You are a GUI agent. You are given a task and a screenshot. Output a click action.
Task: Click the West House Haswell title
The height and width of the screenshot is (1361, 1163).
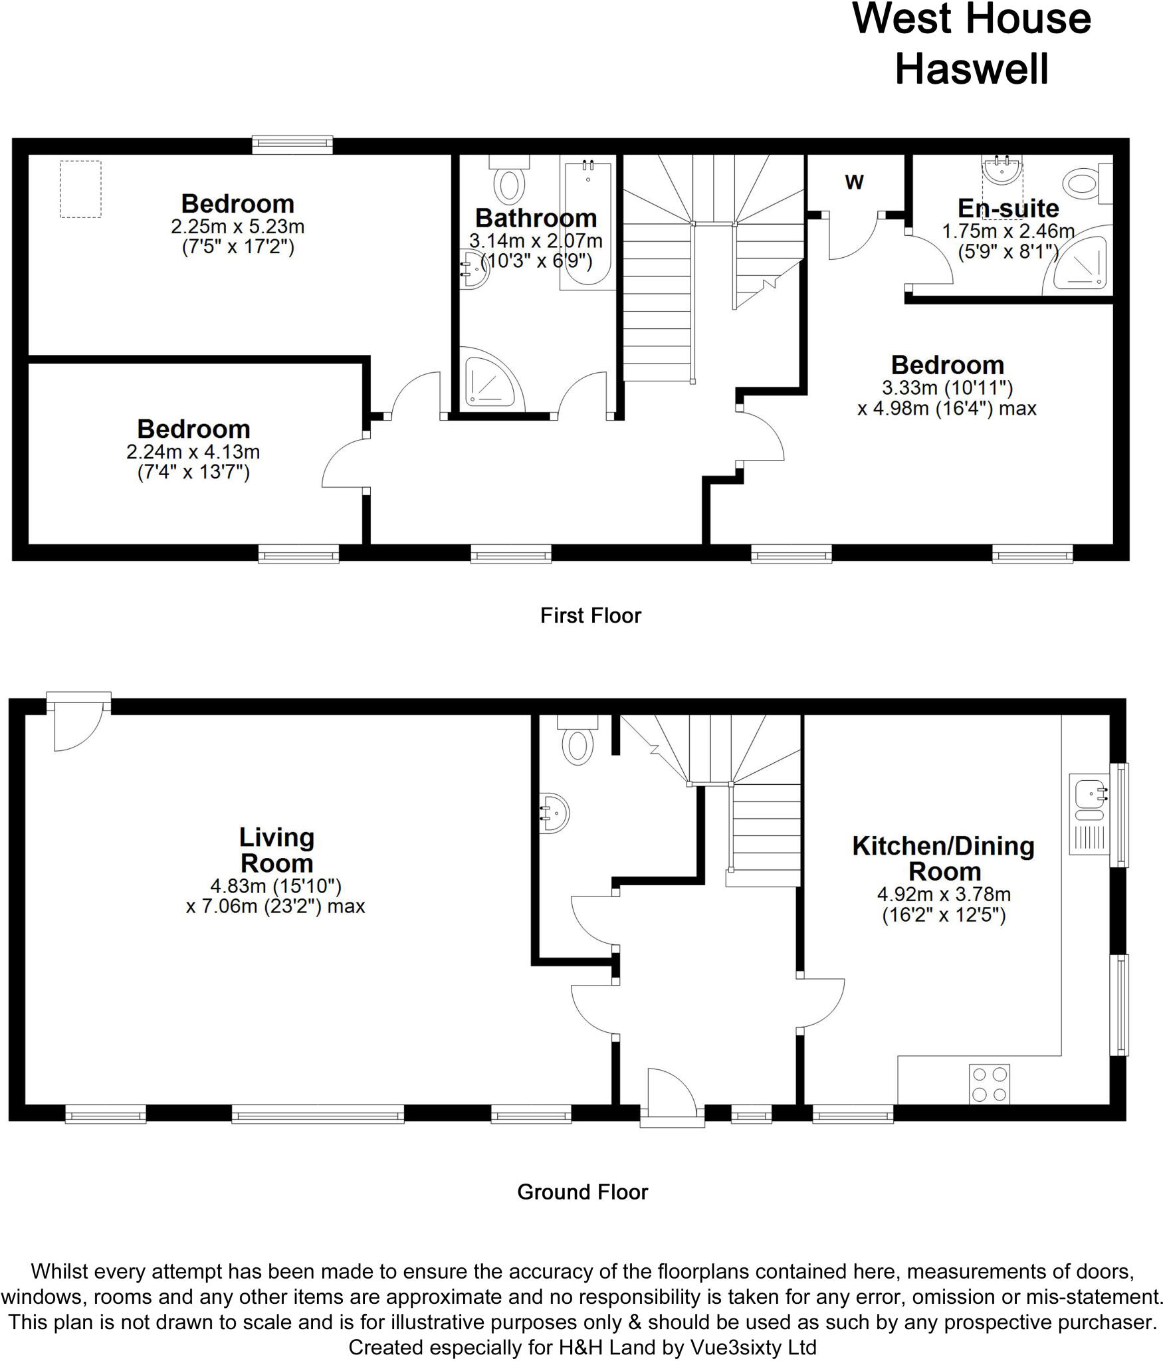click(971, 43)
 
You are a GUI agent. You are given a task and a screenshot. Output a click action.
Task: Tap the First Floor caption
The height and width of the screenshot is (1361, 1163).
click(590, 615)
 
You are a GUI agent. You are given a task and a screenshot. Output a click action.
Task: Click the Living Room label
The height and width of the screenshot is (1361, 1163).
click(276, 850)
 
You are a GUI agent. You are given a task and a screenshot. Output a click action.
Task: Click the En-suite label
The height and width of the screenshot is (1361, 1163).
click(1008, 209)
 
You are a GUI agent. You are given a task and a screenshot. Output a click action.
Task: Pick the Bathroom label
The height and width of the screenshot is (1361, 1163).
click(536, 218)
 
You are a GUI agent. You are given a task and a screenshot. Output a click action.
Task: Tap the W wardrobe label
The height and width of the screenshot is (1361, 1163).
click(854, 181)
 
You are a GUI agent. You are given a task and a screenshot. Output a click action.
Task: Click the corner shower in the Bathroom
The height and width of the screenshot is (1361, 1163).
click(489, 380)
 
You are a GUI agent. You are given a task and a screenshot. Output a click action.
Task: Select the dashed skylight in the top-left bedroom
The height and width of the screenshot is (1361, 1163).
click(80, 189)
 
